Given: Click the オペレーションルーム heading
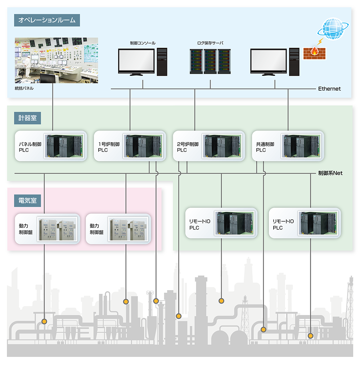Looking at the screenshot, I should pyautogui.click(x=47, y=20).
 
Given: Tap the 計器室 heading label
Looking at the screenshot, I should pyautogui.click(x=27, y=118).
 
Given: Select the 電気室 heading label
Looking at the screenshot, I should pyautogui.click(x=27, y=201).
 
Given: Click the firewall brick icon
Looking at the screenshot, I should pyautogui.click(x=314, y=53).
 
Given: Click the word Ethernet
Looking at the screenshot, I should pyautogui.click(x=329, y=88).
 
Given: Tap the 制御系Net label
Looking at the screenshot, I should pyautogui.click(x=330, y=173).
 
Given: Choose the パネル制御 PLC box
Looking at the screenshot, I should pyautogui.click(x=51, y=146).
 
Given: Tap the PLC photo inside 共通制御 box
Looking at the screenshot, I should pyautogui.click(x=301, y=146).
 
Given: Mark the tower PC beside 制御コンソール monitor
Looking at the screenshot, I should pyautogui.click(x=162, y=61).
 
